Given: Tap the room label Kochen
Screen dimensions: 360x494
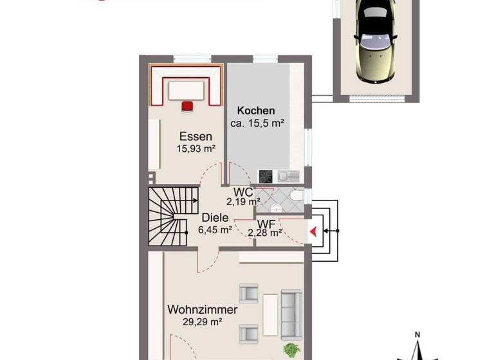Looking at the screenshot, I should pos(255,111).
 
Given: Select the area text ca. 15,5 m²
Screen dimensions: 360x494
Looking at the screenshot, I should pos(257,123).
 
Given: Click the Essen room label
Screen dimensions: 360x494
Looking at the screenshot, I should pos(195,136).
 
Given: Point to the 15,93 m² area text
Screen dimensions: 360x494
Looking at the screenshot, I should pos(196,148).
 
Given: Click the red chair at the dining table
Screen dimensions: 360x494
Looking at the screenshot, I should pos(187,106).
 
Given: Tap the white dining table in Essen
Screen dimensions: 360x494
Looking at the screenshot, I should pos(186,91).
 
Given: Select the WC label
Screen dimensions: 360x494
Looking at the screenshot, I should pos(242,192).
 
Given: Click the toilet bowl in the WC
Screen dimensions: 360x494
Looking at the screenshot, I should pos(295,195).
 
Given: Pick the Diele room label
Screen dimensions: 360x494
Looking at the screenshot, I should pos(215,217).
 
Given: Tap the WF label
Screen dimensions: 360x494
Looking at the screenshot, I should pos(266,223).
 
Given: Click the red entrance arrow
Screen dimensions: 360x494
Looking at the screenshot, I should pos(313,231).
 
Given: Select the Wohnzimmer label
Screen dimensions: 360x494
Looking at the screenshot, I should pos(203,310).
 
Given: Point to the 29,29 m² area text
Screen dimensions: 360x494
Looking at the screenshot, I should pos(203,322).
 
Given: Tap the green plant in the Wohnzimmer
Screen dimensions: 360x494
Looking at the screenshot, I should pos(291,351).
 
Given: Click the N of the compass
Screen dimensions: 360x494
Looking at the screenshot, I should pos(417,335).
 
